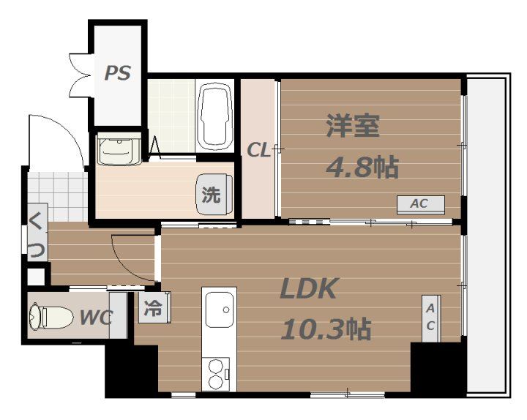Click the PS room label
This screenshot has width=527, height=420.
[x=117, y=73]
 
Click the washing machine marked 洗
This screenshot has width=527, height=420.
[x=212, y=195]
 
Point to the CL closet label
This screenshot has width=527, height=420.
[x=258, y=151]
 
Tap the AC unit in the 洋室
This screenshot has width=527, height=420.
[x=419, y=204]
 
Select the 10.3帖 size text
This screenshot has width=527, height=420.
[x=326, y=329]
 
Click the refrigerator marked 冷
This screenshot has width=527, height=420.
[x=154, y=307]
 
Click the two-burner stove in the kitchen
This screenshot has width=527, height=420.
[x=217, y=373]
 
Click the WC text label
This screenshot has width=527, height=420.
[x=95, y=318]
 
